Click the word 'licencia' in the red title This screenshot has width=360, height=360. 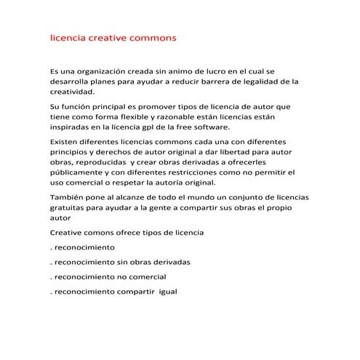(67, 36)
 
